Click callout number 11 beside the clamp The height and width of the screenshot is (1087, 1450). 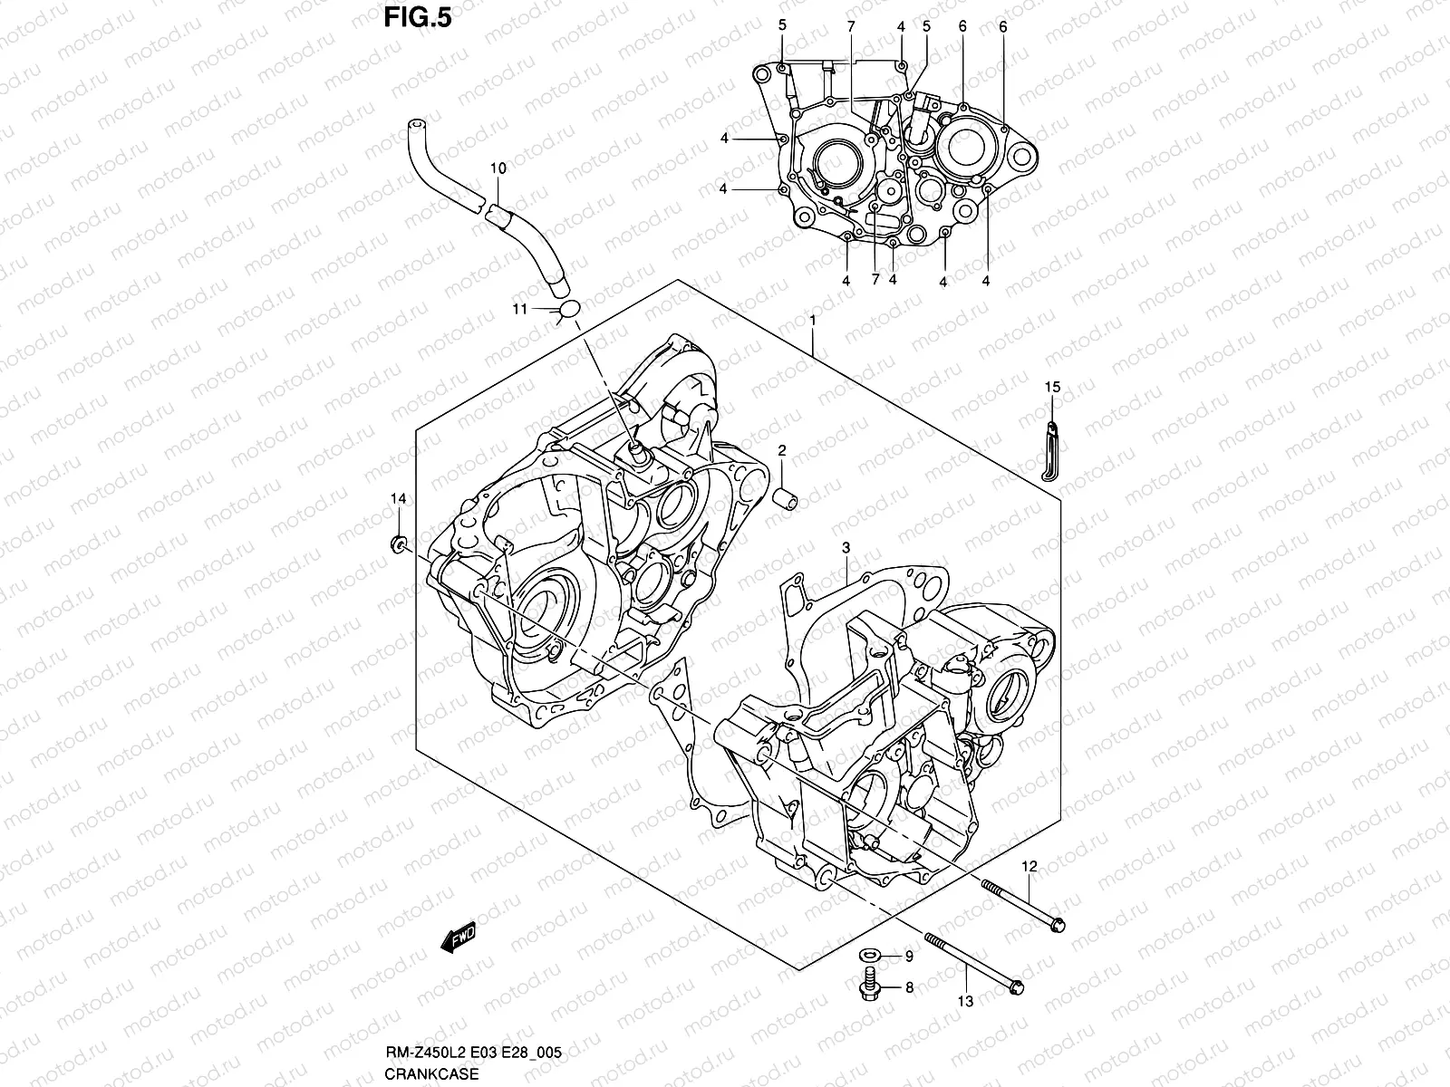(x=519, y=309)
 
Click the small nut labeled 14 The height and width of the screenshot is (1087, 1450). (x=397, y=543)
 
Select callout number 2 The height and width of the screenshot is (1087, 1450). (x=781, y=450)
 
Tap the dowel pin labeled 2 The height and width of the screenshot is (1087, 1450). (x=785, y=498)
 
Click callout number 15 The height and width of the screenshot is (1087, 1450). (x=1051, y=388)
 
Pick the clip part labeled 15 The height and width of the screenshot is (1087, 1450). (x=1050, y=448)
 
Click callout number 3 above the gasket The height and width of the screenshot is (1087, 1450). (x=845, y=548)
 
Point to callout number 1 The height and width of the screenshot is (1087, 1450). (x=813, y=321)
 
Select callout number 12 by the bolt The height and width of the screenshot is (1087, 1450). (x=1029, y=867)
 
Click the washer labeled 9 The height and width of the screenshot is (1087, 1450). (x=868, y=956)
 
